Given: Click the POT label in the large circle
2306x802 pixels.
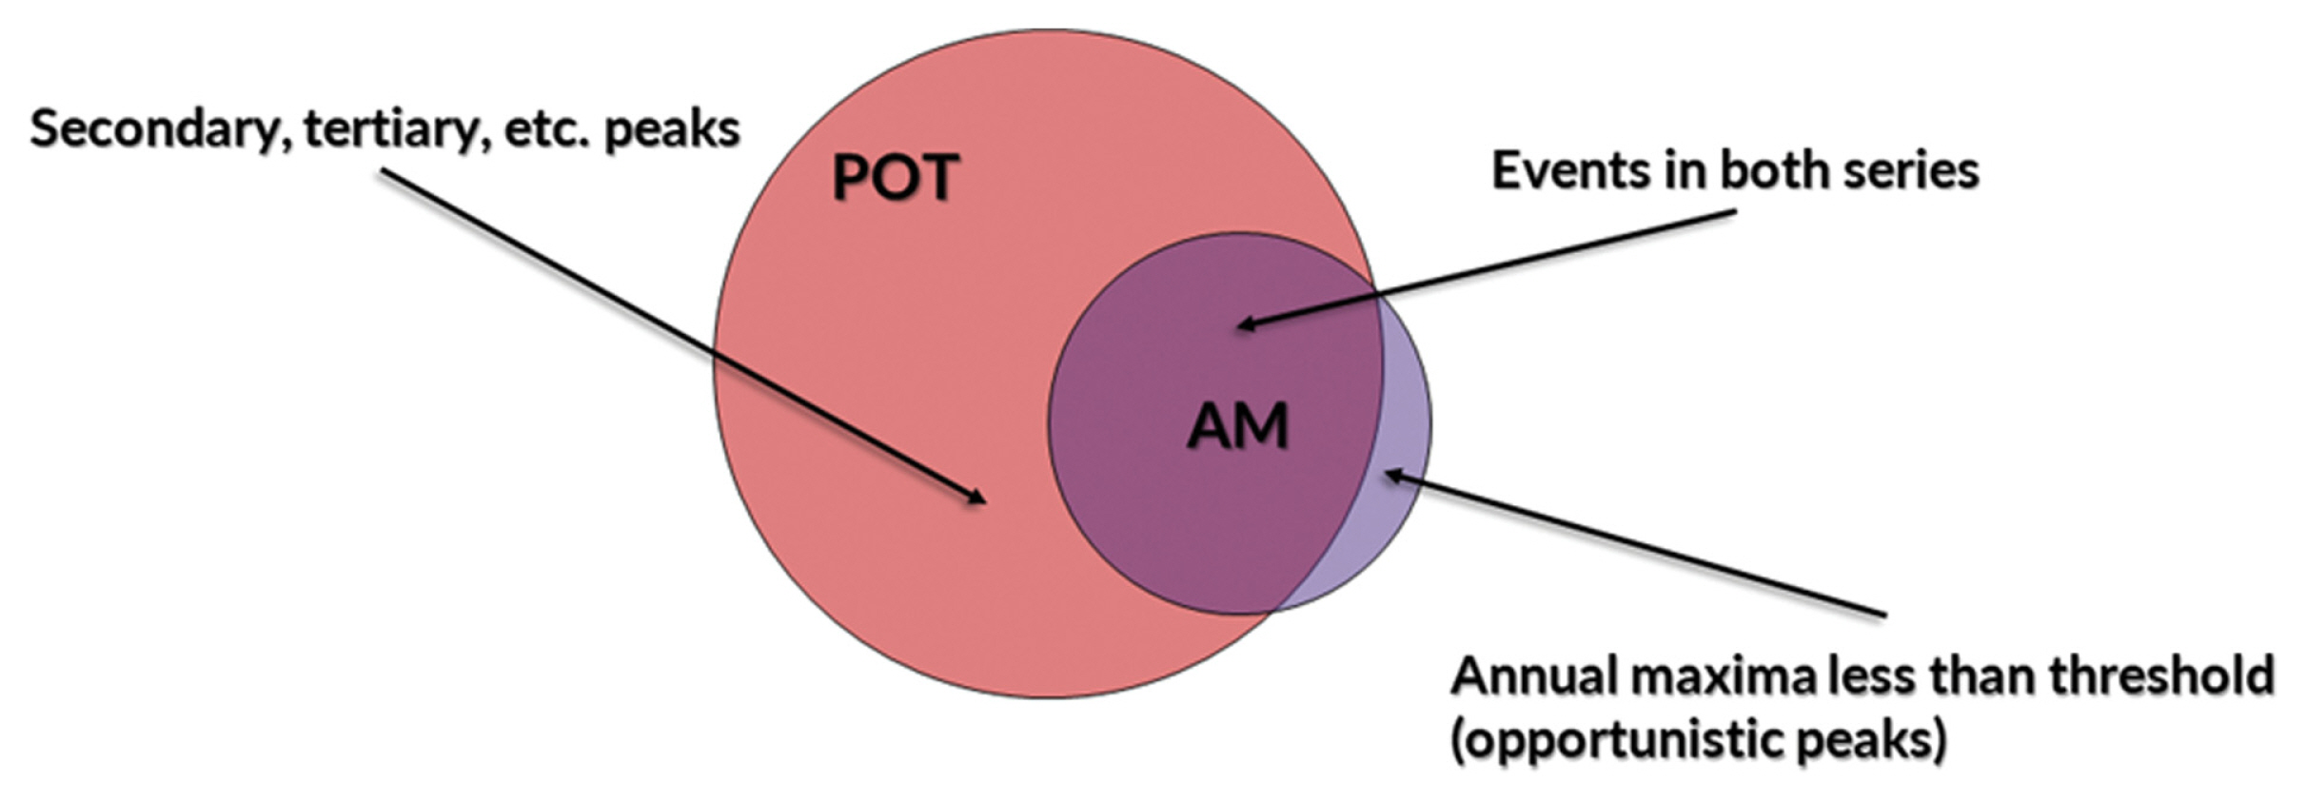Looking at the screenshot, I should [x=895, y=177].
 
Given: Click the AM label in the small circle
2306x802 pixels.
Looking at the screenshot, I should [x=1237, y=425].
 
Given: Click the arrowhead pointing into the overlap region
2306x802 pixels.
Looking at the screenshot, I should [x=1243, y=325].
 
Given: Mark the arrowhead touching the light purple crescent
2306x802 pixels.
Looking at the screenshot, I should [x=1390, y=474].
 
